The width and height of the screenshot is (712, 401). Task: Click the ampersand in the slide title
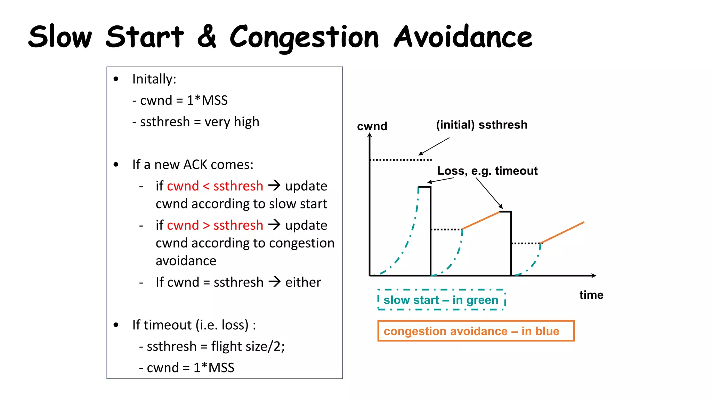point(207,37)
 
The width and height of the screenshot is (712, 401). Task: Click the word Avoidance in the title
point(463,37)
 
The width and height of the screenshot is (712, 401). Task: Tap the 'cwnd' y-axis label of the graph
point(372,126)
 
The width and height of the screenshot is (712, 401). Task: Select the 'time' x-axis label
point(591,295)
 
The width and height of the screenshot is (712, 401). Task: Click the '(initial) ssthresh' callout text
point(482,125)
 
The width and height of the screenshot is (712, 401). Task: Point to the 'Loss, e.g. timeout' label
point(487,171)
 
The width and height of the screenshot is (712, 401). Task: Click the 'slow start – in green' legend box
point(441,300)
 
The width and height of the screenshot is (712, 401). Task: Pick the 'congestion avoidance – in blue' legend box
point(476,331)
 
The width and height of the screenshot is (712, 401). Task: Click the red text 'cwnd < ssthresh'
point(215,186)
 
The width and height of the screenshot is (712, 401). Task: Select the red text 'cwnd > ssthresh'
point(215,225)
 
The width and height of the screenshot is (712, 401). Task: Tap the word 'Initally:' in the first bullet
point(154,79)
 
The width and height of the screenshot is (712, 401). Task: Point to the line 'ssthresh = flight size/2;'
point(216,346)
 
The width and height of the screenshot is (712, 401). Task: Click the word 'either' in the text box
point(303,282)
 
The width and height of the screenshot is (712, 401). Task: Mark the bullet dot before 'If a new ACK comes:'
point(116,164)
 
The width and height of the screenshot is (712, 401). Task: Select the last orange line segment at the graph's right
point(563,233)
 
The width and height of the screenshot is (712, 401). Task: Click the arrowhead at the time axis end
point(594,276)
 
